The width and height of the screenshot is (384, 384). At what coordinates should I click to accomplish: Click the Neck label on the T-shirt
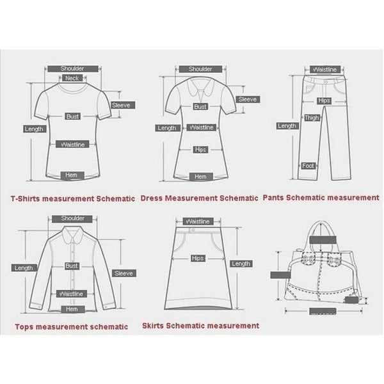[x=72, y=78]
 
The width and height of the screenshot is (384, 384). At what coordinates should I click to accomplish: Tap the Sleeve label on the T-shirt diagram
[x=121, y=105]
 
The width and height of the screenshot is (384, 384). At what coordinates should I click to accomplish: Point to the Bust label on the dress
[x=200, y=108]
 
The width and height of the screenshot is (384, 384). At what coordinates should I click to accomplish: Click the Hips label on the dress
[x=200, y=150]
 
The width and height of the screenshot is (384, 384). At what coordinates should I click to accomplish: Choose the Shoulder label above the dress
[x=200, y=68]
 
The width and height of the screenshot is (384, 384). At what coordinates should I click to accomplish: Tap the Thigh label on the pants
[x=312, y=118]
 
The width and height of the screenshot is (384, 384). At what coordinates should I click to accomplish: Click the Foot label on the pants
[x=307, y=166]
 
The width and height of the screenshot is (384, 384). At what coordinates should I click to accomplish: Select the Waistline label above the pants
[x=324, y=69]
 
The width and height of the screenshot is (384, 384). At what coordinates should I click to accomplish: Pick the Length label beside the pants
[x=287, y=126]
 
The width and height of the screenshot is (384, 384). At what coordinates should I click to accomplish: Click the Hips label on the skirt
[x=198, y=259]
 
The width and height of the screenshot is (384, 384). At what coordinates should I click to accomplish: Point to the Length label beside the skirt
[x=241, y=264]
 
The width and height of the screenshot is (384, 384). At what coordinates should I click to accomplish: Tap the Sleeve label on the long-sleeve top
[x=123, y=273]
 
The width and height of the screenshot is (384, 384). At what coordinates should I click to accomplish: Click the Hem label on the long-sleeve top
[x=71, y=309]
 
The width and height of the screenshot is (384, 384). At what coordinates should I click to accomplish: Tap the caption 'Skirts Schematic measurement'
[x=201, y=326]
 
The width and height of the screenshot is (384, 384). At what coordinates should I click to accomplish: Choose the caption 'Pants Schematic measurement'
[x=322, y=198]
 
